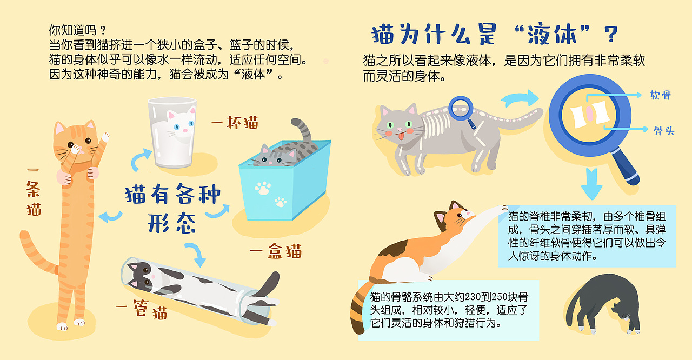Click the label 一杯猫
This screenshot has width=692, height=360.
(x=235, y=123)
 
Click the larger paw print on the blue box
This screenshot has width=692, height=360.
(x=263, y=188)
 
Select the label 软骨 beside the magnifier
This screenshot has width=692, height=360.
(x=661, y=96)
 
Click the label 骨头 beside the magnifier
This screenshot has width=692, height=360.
(x=663, y=130)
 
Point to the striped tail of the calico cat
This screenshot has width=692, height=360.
(x=360, y=308)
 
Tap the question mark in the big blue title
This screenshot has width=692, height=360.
(x=610, y=35)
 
